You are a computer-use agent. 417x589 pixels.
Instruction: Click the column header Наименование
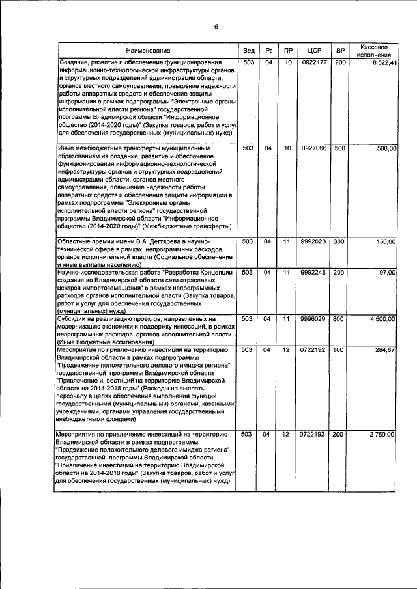tap(148, 51)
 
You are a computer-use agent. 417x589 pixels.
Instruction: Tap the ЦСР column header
tap(309, 51)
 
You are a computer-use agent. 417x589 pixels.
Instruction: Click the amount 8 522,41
tap(382, 63)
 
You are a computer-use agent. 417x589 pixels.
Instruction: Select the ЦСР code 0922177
tap(309, 63)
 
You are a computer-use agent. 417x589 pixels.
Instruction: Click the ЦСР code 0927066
tap(309, 149)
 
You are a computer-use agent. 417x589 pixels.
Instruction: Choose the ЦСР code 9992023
tap(309, 242)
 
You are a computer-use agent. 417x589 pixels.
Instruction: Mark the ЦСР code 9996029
tap(309, 319)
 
